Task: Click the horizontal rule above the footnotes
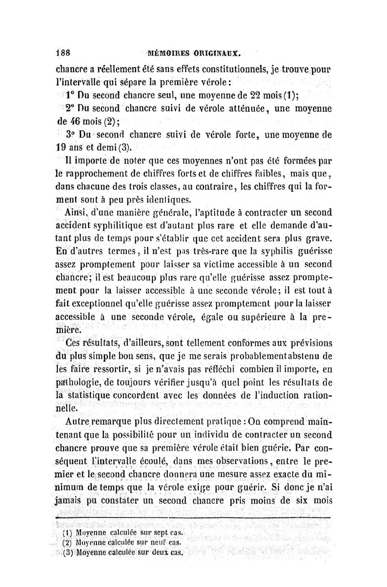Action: [x=193, y=518]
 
